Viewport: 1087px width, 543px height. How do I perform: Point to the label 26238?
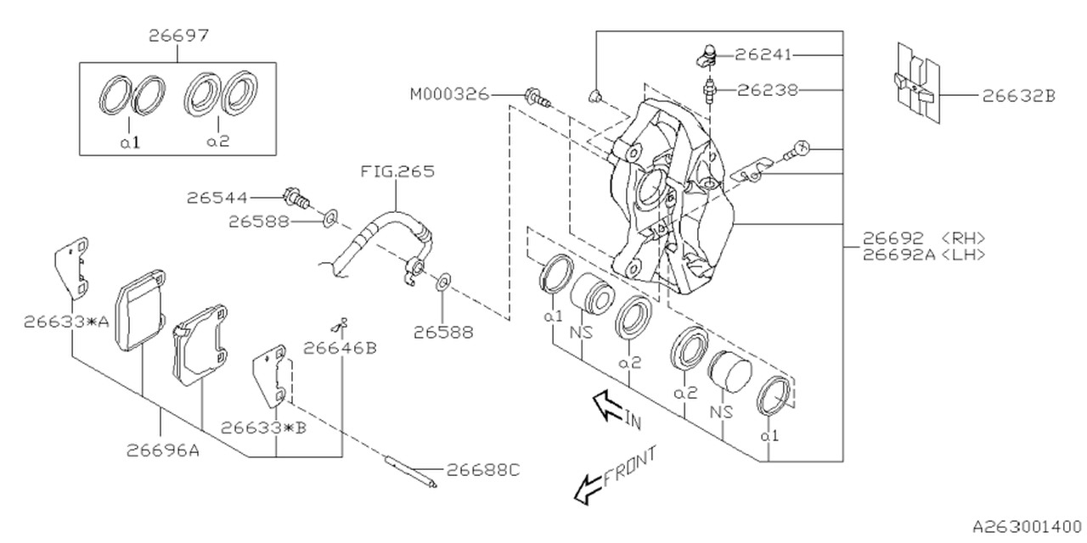pyautogui.click(x=767, y=88)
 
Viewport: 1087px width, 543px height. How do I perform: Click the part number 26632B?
pyautogui.click(x=1019, y=96)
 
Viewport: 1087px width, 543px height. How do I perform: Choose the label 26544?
pyautogui.click(x=217, y=198)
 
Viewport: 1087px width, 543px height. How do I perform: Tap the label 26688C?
pyautogui.click(x=483, y=469)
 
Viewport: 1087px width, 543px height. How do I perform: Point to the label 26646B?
pyautogui.click(x=340, y=347)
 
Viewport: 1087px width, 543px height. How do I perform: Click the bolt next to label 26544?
pyautogui.click(x=296, y=197)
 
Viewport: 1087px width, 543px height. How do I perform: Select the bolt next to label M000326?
pyautogui.click(x=537, y=98)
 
